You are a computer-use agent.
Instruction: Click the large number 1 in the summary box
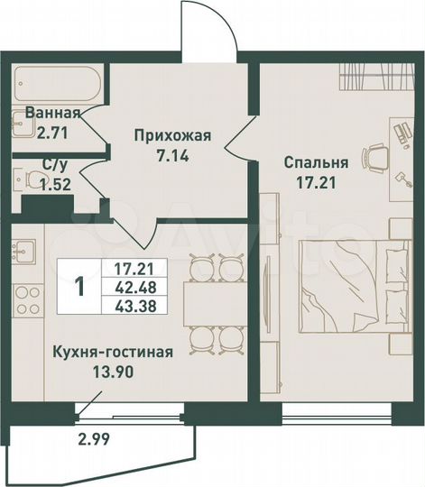point(81,287)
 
